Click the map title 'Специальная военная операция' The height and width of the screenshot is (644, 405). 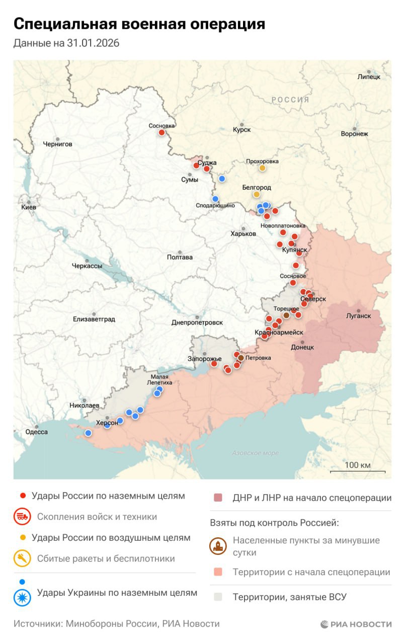[x=139, y=24]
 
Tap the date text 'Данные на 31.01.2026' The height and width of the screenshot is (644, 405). [x=66, y=43]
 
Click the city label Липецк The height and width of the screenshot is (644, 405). [x=368, y=76]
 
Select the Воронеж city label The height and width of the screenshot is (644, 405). [x=354, y=134]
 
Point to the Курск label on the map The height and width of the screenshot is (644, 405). [x=241, y=130]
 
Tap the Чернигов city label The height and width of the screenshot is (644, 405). [x=57, y=144]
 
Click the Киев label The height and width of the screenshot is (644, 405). [x=28, y=207]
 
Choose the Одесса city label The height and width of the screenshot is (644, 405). [x=37, y=432]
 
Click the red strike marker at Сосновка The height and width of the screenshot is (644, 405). [x=162, y=132]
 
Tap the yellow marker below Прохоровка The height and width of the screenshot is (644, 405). [x=262, y=168]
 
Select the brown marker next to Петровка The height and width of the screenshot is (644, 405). [x=241, y=358]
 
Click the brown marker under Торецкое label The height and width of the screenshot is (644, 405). [x=286, y=315]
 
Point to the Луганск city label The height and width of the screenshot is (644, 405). [x=358, y=316]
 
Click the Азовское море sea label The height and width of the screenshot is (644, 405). [x=255, y=453]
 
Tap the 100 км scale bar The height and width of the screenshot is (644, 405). [x=357, y=471]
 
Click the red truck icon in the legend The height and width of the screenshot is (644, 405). [x=23, y=517]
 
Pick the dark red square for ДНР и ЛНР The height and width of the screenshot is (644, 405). [x=217, y=498]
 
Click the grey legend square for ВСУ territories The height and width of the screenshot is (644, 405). [x=217, y=597]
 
